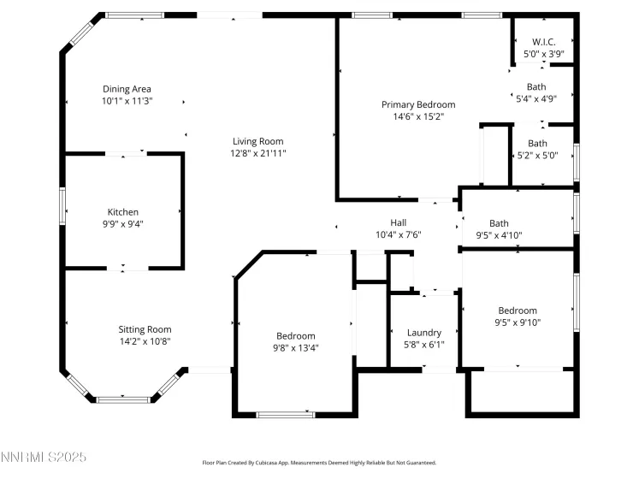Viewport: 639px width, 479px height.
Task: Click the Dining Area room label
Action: pyautogui.click(x=127, y=89)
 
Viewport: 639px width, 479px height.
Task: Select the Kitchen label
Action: pyautogui.click(x=122, y=212)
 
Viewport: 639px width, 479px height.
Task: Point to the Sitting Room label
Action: pyautogui.click(x=145, y=329)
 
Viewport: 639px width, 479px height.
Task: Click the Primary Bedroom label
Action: pyautogui.click(x=418, y=104)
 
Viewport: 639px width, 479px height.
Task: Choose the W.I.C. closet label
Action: pyautogui.click(x=543, y=42)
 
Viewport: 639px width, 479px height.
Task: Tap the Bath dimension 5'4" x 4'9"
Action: pyautogui.click(x=535, y=98)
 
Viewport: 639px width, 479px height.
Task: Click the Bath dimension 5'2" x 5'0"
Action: pyautogui.click(x=537, y=155)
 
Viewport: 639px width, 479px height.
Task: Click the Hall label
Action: pyautogui.click(x=399, y=222)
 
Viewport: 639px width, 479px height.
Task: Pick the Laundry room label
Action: pyautogui.click(x=423, y=333)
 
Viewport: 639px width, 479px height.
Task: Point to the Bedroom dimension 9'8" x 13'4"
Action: pyautogui.click(x=295, y=348)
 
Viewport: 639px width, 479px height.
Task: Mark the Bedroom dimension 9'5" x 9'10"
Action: pyautogui.click(x=518, y=322)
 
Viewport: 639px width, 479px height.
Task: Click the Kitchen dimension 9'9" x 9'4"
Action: pyautogui.click(x=122, y=224)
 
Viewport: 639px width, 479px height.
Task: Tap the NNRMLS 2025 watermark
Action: pyautogui.click(x=44, y=458)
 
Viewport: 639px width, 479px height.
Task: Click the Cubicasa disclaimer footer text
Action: pyautogui.click(x=319, y=462)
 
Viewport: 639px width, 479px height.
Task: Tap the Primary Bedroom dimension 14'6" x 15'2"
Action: pyautogui.click(x=418, y=116)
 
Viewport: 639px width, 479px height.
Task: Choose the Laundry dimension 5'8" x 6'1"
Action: pyautogui.click(x=423, y=345)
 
